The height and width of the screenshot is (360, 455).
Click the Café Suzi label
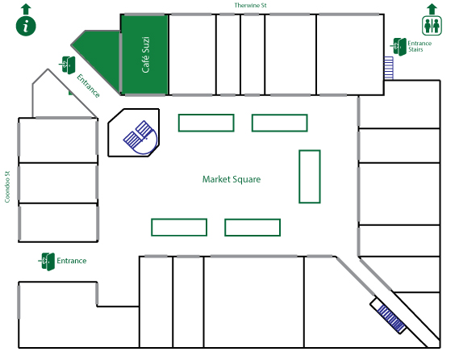tap(145, 55)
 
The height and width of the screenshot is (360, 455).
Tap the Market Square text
tap(232, 179)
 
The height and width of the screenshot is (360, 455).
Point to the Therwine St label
tap(250, 5)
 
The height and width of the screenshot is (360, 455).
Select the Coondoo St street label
tap(7, 186)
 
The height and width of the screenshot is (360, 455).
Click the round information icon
tap(26, 26)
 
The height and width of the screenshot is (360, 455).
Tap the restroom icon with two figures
tap(432, 26)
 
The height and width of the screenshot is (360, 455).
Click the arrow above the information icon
tap(26, 9)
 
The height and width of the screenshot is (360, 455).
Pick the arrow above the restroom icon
tap(432, 9)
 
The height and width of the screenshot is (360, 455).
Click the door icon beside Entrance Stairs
tap(399, 47)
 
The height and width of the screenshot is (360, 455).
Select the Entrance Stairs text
tap(420, 46)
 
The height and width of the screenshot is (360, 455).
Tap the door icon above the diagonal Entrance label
tap(68, 65)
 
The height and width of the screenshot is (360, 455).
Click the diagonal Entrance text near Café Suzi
tap(88, 86)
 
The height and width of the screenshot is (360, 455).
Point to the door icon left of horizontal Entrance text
tap(47, 262)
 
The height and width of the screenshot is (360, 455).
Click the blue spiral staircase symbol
tap(140, 137)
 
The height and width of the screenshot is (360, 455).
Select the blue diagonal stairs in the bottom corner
tap(390, 319)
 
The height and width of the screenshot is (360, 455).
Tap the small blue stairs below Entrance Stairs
tap(389, 68)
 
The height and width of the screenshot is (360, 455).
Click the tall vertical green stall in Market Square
tap(310, 177)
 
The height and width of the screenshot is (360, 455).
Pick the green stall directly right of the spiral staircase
tap(206, 123)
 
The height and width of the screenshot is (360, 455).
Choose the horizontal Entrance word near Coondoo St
tap(71, 261)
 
